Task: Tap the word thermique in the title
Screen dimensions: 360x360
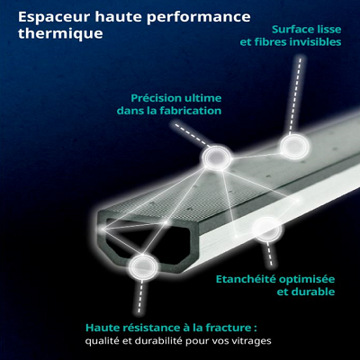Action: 60,32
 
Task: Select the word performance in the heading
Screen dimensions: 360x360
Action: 199,17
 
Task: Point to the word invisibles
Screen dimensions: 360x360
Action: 315,42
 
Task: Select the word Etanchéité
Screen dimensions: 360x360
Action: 246,279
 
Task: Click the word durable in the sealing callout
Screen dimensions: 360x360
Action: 313,292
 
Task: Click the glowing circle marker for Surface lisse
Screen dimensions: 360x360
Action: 294,147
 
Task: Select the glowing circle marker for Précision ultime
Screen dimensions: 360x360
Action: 217,157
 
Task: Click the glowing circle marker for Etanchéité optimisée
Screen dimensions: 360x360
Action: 267,229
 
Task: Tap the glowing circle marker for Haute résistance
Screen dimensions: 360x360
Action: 143,267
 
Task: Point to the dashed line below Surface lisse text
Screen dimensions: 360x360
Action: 295,94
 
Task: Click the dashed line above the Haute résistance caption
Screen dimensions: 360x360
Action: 140,296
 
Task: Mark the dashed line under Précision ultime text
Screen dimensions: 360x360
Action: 192,134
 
